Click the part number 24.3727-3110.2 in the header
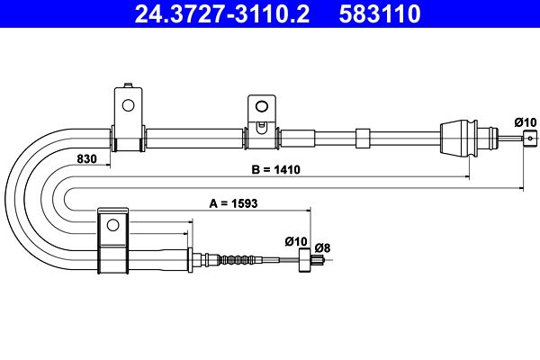tap(222, 13)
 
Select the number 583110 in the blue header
tap(380, 13)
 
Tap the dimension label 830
tap(86, 159)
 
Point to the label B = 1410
tap(276, 170)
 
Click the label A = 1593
tap(233, 203)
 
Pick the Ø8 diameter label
tap(323, 248)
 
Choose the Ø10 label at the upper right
tap(526, 122)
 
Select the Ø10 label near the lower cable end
tap(296, 241)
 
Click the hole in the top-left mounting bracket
tap(128, 105)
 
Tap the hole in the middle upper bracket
tap(262, 106)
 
